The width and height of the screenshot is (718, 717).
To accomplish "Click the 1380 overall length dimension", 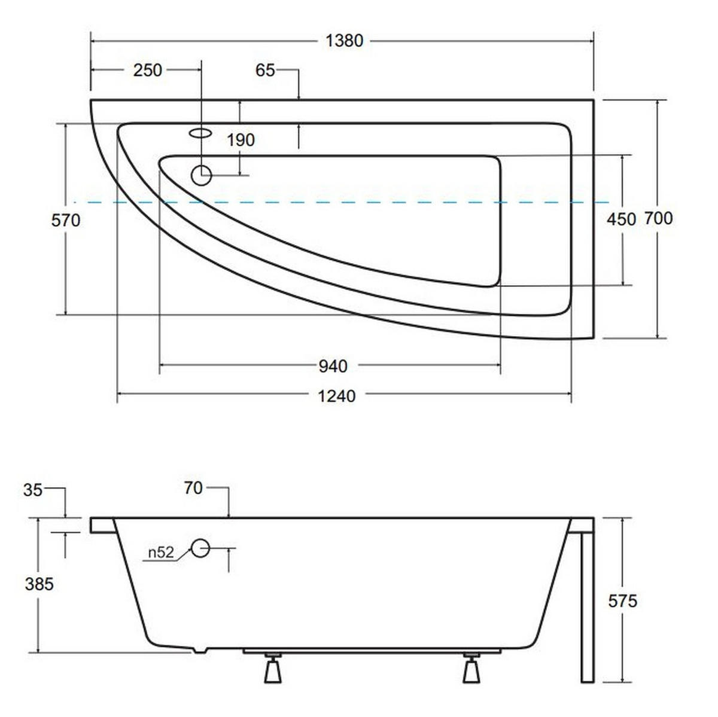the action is (344, 41).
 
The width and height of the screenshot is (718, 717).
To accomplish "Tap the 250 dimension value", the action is (148, 71).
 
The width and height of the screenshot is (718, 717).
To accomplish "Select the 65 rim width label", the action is (265, 71).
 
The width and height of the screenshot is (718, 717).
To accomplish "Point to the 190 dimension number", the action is (241, 140).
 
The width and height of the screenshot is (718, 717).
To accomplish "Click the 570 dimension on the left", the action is (66, 221).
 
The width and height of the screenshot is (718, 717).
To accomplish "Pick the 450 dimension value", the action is (621, 219).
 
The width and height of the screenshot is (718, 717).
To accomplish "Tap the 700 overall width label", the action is (658, 218).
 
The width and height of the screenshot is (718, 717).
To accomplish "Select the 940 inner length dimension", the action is (333, 367).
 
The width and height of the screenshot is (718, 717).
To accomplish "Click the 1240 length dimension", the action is (336, 396).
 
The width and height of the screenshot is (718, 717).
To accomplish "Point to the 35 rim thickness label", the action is (33, 490).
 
